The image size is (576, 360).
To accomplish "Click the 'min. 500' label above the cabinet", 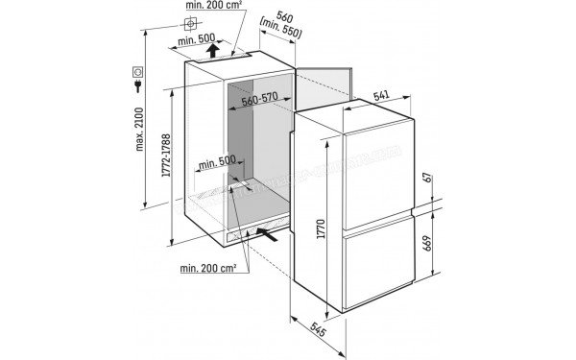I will click(198, 40).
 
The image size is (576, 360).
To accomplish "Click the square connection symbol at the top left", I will click(191, 22).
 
